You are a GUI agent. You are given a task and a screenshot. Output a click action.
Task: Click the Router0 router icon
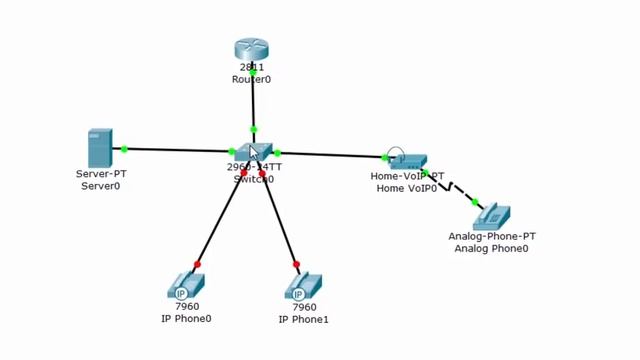pyautogui.click(x=252, y=49)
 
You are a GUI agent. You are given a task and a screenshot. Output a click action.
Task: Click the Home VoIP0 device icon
pyautogui.click(x=407, y=160)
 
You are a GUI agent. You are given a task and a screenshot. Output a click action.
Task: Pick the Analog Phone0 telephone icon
pyautogui.click(x=492, y=217)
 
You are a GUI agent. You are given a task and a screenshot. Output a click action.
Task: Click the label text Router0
pyautogui.click(x=252, y=79)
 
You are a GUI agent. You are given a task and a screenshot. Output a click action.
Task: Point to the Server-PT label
pyautogui.click(x=100, y=174)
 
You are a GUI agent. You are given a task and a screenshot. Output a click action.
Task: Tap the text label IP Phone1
pyautogui.click(x=303, y=319)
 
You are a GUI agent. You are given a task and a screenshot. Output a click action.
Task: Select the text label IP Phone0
pyautogui.click(x=186, y=319)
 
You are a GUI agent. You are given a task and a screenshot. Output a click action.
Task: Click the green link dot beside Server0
pyautogui.click(x=124, y=149)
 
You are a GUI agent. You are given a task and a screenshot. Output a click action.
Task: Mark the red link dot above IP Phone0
pyautogui.click(x=197, y=264)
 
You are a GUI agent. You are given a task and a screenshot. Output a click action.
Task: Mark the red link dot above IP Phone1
pyautogui.click(x=297, y=265)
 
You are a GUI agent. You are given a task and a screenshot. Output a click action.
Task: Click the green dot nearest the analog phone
pyautogui.click(x=475, y=202)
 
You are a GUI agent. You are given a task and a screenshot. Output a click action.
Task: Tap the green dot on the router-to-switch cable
pyautogui.click(x=253, y=129)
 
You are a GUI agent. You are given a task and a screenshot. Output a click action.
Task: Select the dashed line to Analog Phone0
pyautogui.click(x=450, y=187)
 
